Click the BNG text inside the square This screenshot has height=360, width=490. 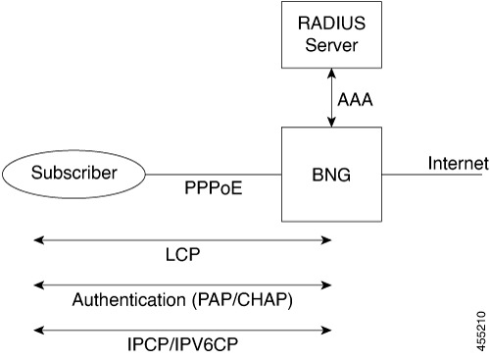(x=333, y=175)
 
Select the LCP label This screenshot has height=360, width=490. (x=182, y=254)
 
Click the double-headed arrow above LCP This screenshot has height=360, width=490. (x=182, y=238)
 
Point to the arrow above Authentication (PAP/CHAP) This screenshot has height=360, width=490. (x=182, y=285)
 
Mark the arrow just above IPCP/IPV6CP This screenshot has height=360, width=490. (x=182, y=332)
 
